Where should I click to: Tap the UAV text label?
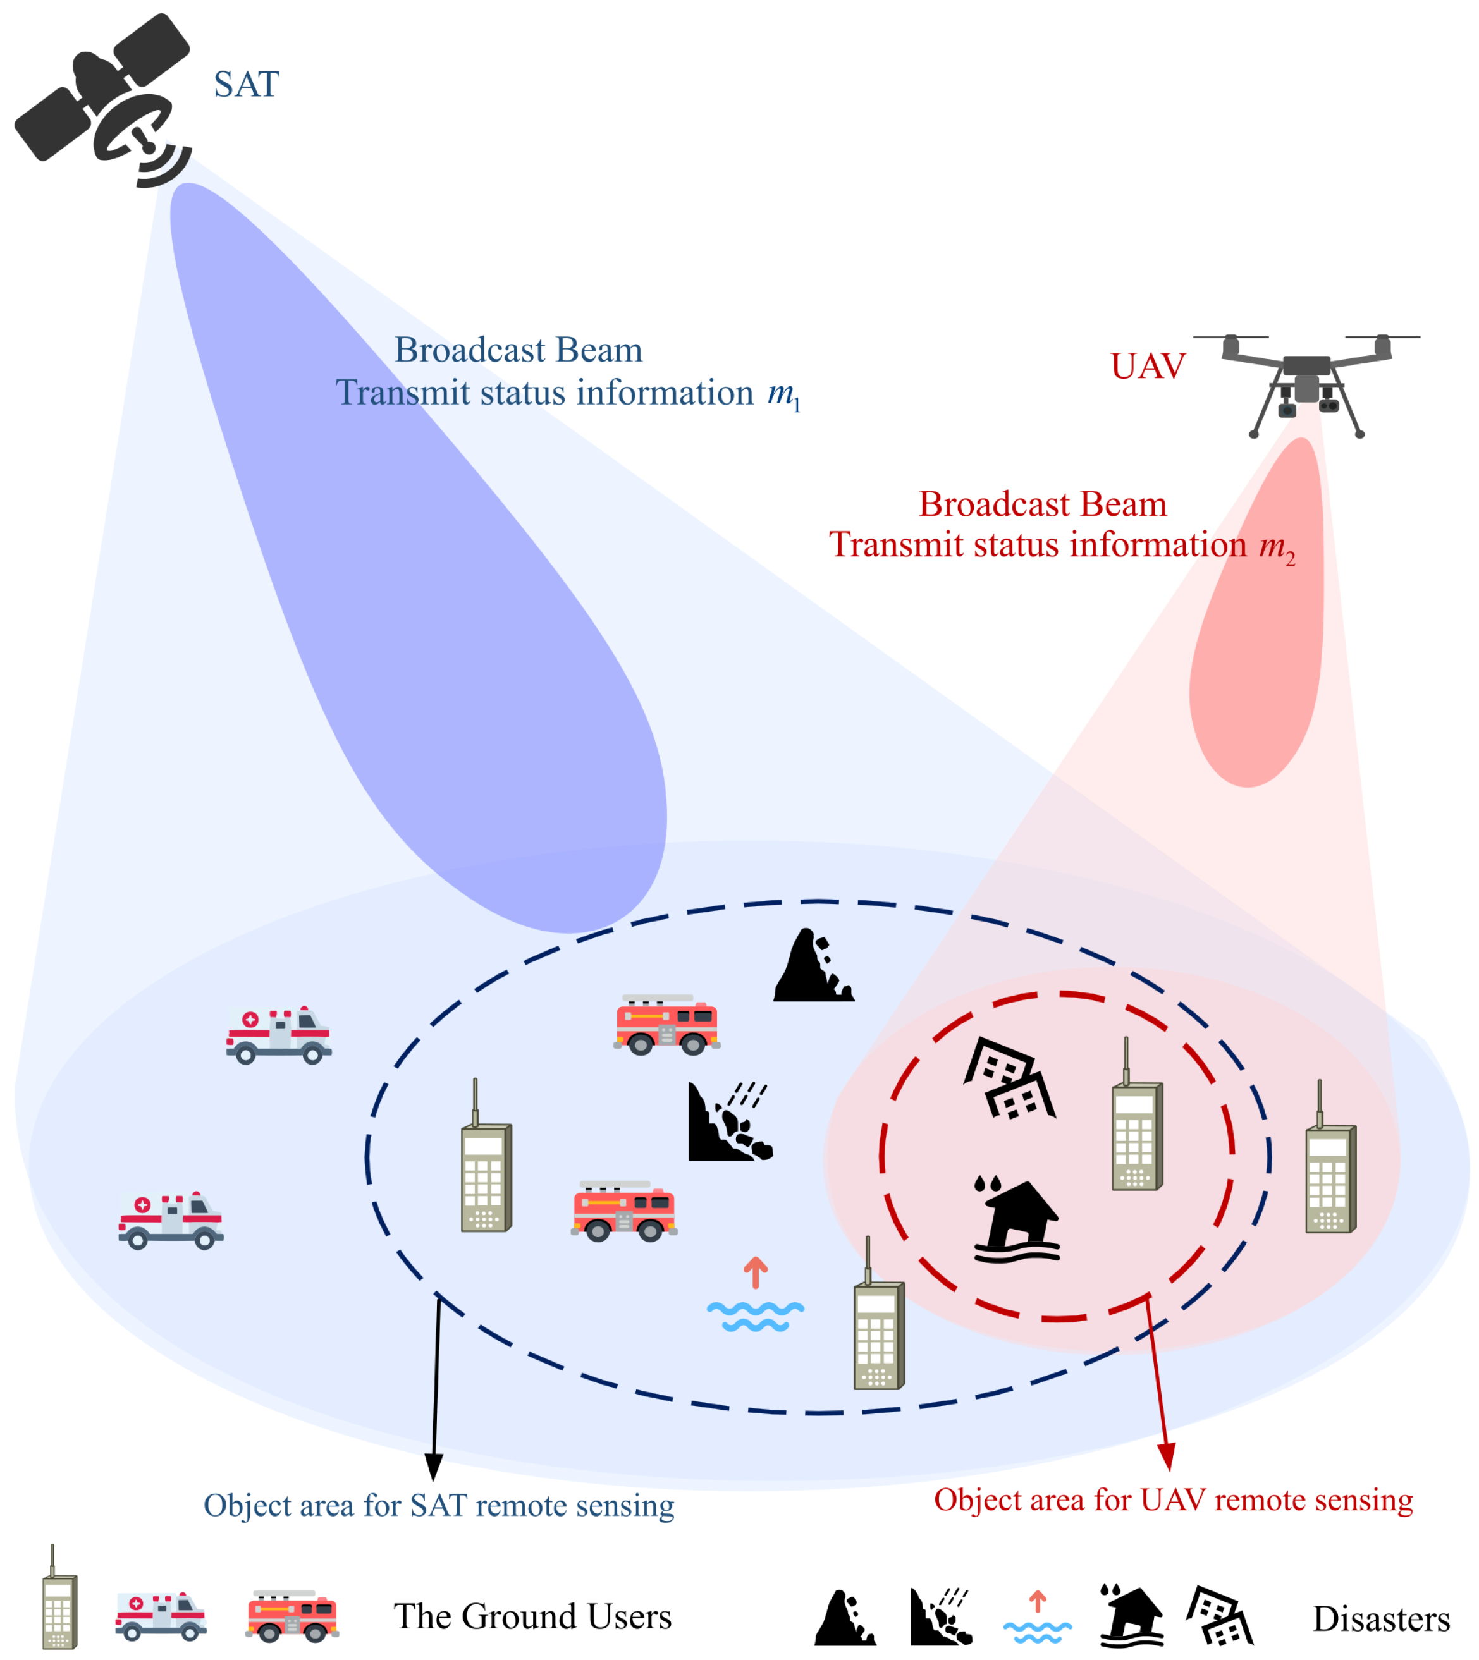(x=1148, y=367)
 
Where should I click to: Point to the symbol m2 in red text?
(x=1277, y=546)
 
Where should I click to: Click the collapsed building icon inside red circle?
(x=1009, y=1078)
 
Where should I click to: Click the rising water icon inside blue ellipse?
(x=755, y=1295)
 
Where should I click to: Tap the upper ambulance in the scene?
(x=278, y=1034)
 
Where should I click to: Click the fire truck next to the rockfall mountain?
(x=666, y=1025)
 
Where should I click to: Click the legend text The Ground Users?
(x=532, y=1616)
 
